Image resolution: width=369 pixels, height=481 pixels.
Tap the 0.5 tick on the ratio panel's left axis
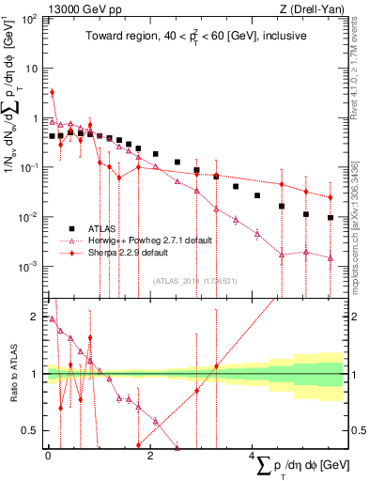tap(32, 431)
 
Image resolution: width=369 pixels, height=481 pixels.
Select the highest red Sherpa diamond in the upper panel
tap(52, 92)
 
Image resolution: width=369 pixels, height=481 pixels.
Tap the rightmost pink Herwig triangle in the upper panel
tap(331, 257)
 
